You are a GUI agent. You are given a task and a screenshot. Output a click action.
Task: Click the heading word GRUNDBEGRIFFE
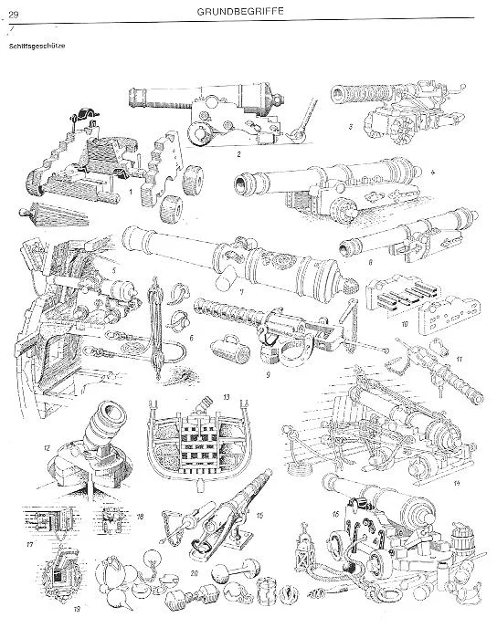point(240,11)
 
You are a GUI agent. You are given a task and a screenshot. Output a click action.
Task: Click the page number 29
point(14,16)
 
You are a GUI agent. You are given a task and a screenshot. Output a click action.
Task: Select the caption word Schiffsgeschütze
point(37,46)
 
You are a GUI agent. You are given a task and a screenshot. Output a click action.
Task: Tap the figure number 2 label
point(238,153)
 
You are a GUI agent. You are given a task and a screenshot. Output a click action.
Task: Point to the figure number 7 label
point(241,292)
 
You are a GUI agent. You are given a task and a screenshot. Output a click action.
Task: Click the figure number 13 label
point(227,397)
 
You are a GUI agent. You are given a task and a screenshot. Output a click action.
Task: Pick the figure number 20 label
point(195,573)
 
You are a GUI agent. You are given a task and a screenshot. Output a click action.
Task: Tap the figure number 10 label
point(404,324)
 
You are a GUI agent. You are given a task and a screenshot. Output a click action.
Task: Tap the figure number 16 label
point(335,513)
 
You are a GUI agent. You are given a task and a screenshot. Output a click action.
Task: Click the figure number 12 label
point(48,448)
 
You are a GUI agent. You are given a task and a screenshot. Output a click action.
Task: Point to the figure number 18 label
point(139,517)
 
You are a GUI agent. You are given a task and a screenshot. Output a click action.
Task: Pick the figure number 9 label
point(268,374)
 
